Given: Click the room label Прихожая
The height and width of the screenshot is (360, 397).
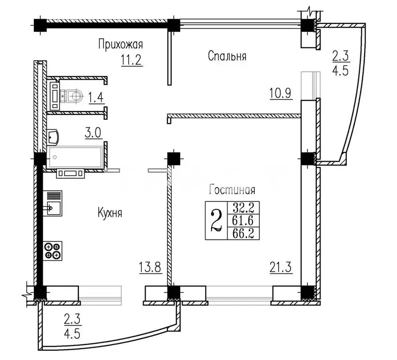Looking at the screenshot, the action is [121, 45].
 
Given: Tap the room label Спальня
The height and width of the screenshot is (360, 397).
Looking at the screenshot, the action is [227, 56].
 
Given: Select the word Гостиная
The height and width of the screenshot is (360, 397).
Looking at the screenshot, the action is [232, 189].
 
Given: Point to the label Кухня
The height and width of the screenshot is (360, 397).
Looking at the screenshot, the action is [110, 213].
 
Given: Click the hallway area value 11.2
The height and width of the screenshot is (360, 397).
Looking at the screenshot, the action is [132, 60].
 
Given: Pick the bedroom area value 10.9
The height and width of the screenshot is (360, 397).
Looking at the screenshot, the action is [281, 93].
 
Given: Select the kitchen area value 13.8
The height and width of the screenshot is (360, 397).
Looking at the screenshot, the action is [150, 267].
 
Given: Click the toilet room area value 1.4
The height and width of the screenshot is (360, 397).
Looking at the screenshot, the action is [96, 97].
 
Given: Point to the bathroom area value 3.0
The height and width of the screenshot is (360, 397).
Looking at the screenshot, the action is [93, 133].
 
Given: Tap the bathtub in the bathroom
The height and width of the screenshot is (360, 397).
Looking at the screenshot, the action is [76, 157].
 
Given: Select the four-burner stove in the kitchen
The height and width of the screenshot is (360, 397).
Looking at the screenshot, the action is [53, 251].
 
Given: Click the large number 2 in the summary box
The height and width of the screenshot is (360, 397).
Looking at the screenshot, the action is [216, 221].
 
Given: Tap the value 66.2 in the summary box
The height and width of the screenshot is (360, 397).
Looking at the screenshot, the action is [243, 233].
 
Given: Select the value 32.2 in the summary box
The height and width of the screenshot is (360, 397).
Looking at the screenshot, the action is [243, 208].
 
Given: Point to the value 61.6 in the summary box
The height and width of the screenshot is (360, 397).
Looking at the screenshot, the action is [243, 221].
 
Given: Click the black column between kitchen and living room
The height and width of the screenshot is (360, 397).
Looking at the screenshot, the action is [174, 158].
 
